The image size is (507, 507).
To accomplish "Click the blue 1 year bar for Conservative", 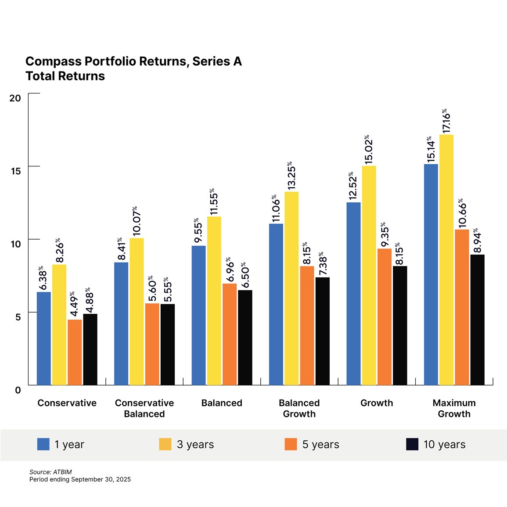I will click(43, 338).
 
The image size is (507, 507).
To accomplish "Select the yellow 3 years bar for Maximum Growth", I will click(446, 260).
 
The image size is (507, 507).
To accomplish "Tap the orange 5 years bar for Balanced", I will click(230, 334).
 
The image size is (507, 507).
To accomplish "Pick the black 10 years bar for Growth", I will click(400, 325).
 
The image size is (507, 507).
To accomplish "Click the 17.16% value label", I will click(446, 121).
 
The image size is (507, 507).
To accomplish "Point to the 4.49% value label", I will click(74, 303).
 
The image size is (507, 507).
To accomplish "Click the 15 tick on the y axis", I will click(16, 171).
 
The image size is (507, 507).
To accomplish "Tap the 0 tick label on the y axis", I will click(18, 390).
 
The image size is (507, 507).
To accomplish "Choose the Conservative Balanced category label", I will click(144, 408).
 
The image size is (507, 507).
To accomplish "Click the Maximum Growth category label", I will click(454, 408).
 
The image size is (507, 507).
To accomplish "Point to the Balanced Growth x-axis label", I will click(299, 408).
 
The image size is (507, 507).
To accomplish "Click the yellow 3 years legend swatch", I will click(165, 444).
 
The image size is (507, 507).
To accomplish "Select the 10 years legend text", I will click(444, 444).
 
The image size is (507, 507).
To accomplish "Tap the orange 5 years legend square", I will click(291, 444).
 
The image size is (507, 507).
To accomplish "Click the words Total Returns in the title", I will click(65, 76).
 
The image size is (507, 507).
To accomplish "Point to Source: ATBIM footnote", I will click(50, 472).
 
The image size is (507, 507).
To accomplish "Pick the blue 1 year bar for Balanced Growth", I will click(276, 304).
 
